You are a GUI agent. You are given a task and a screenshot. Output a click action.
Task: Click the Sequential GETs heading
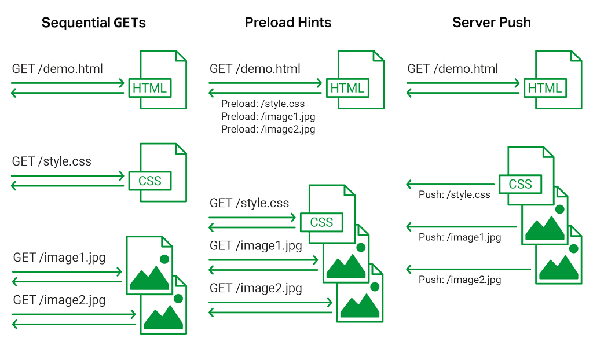(x=94, y=23)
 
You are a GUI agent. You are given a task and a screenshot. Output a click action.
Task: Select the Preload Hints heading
(x=288, y=23)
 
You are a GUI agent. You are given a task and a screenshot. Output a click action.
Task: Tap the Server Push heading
(x=491, y=23)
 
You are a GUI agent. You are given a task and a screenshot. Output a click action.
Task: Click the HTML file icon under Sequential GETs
(x=163, y=79)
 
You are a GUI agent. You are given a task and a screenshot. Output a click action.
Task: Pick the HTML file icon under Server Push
(x=558, y=79)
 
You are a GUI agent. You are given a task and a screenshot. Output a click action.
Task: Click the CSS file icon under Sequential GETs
(x=163, y=173)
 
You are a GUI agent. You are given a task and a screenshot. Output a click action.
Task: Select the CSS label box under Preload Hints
(x=321, y=222)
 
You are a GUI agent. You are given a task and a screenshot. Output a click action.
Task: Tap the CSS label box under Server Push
(x=520, y=184)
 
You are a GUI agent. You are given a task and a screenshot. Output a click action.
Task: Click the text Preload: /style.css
(x=263, y=104)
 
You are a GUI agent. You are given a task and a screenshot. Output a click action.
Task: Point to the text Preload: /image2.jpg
(x=268, y=130)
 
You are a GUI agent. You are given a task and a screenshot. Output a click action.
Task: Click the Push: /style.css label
(x=454, y=195)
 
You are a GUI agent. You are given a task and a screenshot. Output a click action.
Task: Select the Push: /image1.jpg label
(x=460, y=237)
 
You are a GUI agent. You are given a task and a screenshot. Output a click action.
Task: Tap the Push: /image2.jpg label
(x=460, y=280)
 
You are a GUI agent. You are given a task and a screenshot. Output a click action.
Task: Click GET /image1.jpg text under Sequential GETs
(x=59, y=258)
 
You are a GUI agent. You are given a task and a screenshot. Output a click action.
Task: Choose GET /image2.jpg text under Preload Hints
(x=255, y=288)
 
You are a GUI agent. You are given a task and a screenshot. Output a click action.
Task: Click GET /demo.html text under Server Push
(x=452, y=69)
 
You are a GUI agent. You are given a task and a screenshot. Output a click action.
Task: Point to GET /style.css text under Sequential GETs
(x=52, y=161)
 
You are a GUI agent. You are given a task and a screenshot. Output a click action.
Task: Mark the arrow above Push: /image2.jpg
(x=468, y=269)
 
